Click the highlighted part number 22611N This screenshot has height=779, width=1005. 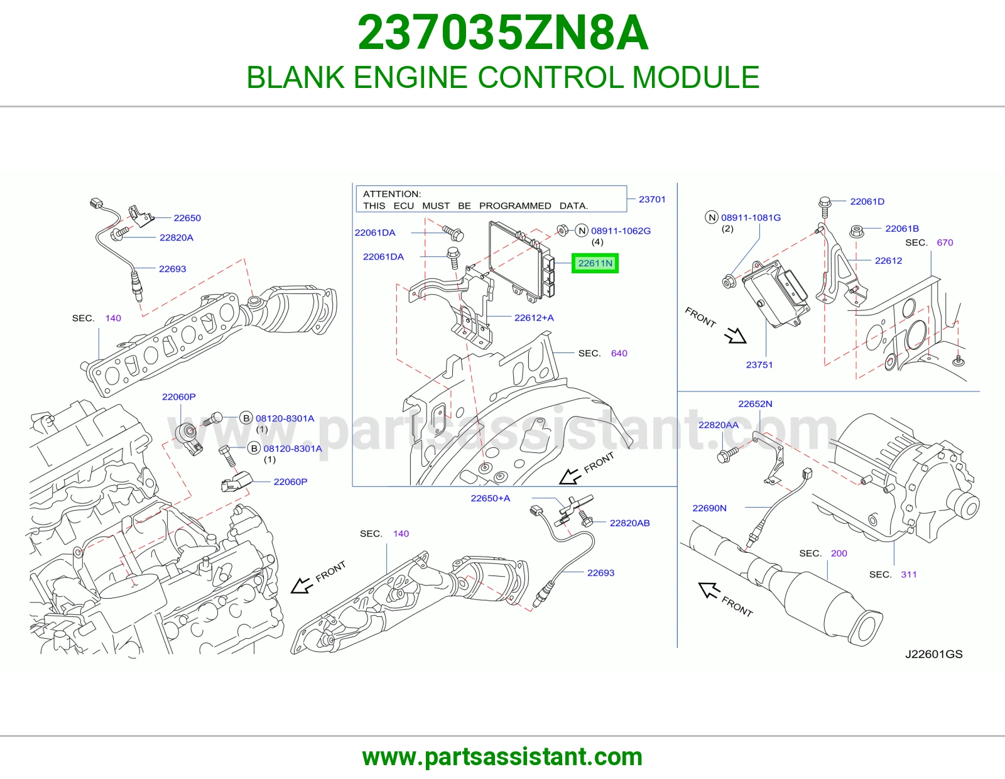pos(595,263)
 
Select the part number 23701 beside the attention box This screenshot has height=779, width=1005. pos(651,199)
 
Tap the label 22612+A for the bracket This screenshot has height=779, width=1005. pos(534,318)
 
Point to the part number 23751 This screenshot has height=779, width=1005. pos(759,365)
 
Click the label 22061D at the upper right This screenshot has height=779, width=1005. pos(867,202)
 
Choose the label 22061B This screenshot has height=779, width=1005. pos(902,229)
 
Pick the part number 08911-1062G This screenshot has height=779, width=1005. pos(621,231)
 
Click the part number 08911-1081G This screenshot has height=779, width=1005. pos(751,217)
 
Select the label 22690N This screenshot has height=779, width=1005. pos(709,508)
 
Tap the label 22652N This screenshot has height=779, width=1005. pos(755,404)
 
